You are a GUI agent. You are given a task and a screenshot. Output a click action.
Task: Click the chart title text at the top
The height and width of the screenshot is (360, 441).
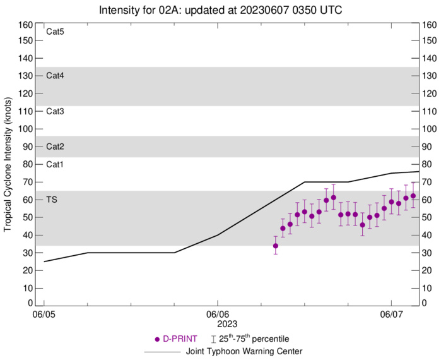pos(220,10)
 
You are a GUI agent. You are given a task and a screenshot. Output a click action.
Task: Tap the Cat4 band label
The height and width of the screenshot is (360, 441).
pos(56,76)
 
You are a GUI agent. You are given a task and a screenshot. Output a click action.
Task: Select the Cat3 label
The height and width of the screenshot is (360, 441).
pos(56,111)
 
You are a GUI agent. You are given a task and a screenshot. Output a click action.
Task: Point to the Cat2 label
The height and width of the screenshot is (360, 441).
pos(56,147)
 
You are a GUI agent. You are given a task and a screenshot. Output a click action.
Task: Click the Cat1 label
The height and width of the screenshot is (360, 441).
pos(56,164)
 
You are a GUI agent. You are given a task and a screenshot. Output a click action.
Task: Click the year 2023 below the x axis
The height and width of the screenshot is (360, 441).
pos(217,323)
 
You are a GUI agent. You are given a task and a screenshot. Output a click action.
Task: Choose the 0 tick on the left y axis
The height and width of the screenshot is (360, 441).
pos(29,303)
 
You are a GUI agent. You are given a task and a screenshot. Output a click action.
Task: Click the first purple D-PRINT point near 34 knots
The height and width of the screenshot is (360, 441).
pos(276,246)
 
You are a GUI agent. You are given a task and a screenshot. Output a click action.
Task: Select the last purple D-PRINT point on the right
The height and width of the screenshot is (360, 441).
pos(413,196)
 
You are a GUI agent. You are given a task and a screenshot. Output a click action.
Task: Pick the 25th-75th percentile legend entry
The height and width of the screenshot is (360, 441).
pos(257,339)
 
